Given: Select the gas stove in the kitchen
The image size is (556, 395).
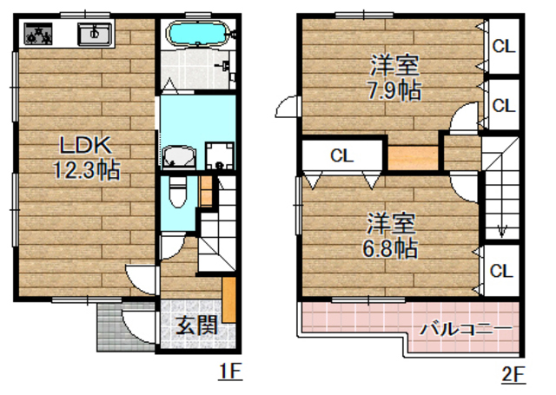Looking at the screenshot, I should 37,35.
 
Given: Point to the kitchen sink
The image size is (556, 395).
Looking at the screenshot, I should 94,35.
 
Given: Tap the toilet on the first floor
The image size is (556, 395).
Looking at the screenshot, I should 177,193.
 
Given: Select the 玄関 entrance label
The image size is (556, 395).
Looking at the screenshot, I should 197,327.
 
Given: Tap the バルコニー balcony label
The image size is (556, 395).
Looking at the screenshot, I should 466,329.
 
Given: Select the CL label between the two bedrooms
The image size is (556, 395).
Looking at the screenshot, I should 341,157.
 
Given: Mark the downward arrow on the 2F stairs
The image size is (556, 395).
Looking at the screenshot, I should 501,229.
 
